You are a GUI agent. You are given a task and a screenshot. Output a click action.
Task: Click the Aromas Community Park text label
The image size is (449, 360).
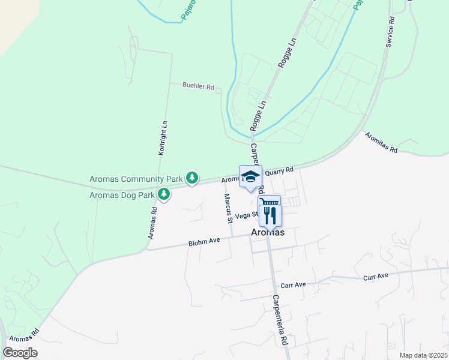pyautogui.click(x=135, y=179)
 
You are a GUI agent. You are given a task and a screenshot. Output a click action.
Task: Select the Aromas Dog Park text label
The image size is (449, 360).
pyautogui.click(x=121, y=195)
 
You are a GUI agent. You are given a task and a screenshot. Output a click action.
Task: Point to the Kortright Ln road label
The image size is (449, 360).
pyautogui.click(x=163, y=139)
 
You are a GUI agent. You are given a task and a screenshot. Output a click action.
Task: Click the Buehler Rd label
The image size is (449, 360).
pyautogui.click(x=198, y=86)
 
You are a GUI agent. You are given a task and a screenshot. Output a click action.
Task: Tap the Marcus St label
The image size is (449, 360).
pyautogui.click(x=228, y=208)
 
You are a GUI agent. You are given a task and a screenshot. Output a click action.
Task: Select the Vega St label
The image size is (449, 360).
pyautogui.click(x=246, y=216)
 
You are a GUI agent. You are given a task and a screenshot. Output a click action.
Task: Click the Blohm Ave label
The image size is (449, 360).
pyautogui.click(x=204, y=241)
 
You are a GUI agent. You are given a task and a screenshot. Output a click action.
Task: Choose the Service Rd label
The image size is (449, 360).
pyautogui.click(x=391, y=32)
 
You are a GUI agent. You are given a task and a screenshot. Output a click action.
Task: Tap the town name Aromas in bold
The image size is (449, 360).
pyautogui.click(x=268, y=233)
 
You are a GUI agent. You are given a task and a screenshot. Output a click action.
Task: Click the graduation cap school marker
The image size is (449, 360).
pyautogui.click(x=251, y=176)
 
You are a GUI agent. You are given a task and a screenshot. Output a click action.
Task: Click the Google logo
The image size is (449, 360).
pyautogui.click(x=20, y=353)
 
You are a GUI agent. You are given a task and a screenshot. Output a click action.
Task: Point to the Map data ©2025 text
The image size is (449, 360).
pyautogui.click(x=423, y=355)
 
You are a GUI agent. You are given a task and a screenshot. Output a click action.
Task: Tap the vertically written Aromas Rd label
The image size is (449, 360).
pyautogui.click(x=152, y=223)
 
